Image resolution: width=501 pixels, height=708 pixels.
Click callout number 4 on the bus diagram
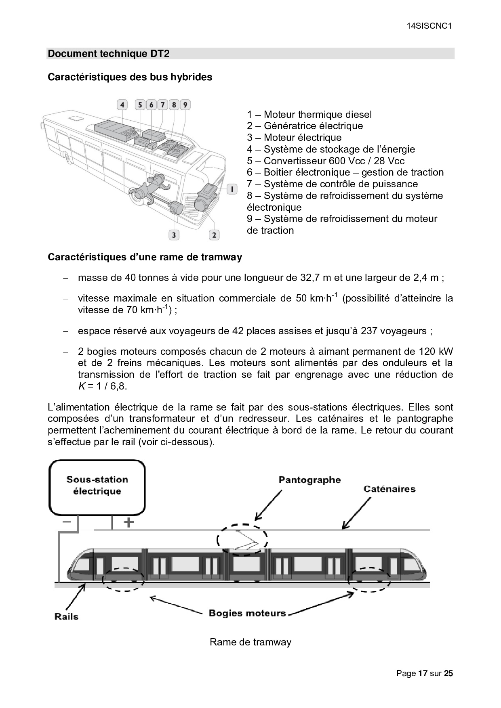(x=122, y=105)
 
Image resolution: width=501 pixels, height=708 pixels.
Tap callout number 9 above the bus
(x=185, y=105)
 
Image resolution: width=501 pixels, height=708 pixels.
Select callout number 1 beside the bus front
(x=232, y=189)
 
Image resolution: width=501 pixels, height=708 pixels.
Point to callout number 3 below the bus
(x=174, y=235)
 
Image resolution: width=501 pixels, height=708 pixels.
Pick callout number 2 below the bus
(x=214, y=235)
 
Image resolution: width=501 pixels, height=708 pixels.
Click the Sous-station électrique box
(x=97, y=488)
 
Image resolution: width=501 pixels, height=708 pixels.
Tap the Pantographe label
(x=309, y=480)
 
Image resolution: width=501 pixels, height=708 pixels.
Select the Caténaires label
(x=389, y=489)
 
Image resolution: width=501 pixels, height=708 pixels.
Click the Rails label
(x=67, y=616)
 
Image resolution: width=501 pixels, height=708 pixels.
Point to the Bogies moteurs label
(x=247, y=613)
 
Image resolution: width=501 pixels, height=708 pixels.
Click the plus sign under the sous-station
(x=128, y=523)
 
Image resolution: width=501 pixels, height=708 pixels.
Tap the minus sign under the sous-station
(x=66, y=522)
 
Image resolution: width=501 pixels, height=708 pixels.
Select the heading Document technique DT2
(x=109, y=54)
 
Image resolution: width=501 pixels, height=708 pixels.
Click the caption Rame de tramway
(x=250, y=642)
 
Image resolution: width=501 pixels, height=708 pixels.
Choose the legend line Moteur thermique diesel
(x=309, y=115)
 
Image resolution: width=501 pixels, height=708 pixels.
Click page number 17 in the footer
(x=423, y=673)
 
